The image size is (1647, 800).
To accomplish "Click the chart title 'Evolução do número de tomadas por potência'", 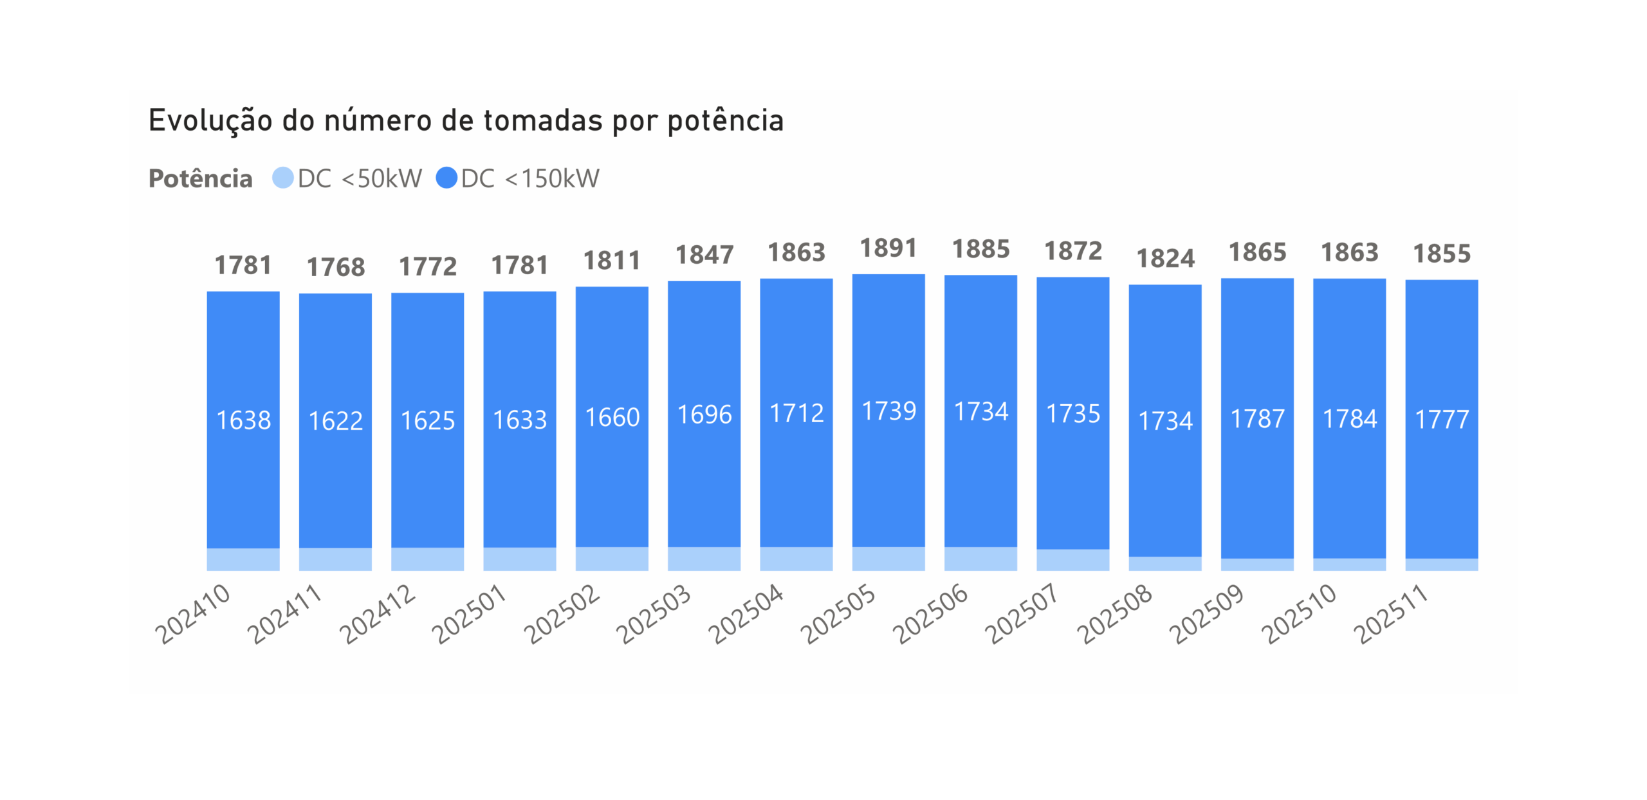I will [x=466, y=121].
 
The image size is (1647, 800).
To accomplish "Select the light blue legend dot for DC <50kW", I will [x=282, y=178].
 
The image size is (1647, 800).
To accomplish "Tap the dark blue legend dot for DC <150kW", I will [x=446, y=178].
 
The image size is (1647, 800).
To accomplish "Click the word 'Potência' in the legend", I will [x=200, y=178].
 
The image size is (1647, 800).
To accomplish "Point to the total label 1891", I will [x=888, y=248].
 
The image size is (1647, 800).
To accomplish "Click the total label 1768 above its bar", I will [x=335, y=267].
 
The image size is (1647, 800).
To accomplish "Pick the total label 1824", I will [x=1165, y=259].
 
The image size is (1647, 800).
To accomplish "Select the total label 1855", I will [x=1442, y=254].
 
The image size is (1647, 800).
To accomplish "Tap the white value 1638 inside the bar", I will [x=243, y=420].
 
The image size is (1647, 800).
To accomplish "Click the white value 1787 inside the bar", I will [x=1257, y=419].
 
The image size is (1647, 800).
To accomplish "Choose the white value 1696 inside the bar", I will [x=704, y=414].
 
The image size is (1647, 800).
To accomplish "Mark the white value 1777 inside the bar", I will [x=1442, y=420].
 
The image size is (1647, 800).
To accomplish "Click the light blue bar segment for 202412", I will [x=427, y=559].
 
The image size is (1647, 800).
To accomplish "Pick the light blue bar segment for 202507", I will [x=1072, y=559].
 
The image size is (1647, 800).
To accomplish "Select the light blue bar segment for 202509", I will [x=1257, y=564].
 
